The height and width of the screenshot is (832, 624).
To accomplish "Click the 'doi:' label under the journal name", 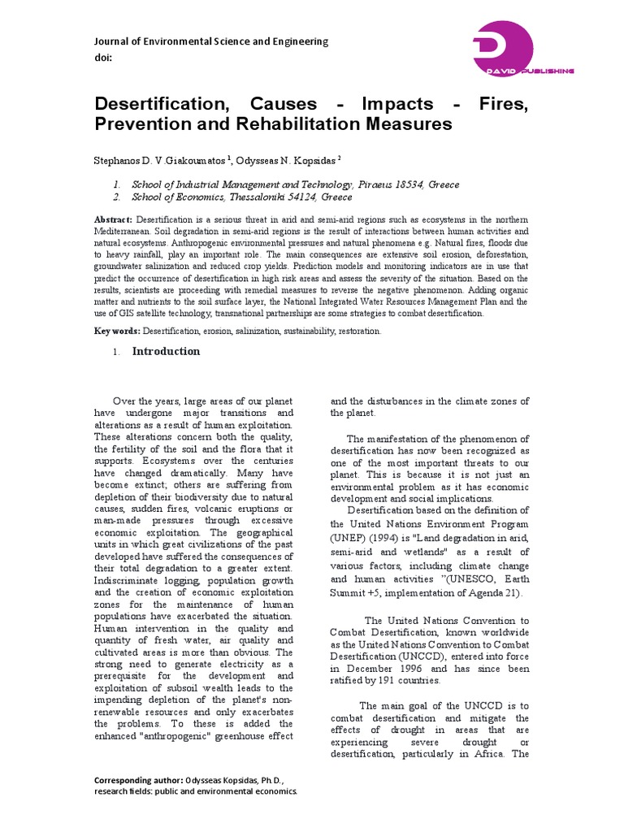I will pos(104,58).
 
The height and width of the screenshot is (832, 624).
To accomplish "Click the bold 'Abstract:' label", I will pos(113,220).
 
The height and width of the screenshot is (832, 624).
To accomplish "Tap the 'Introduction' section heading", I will pos(166,352).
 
